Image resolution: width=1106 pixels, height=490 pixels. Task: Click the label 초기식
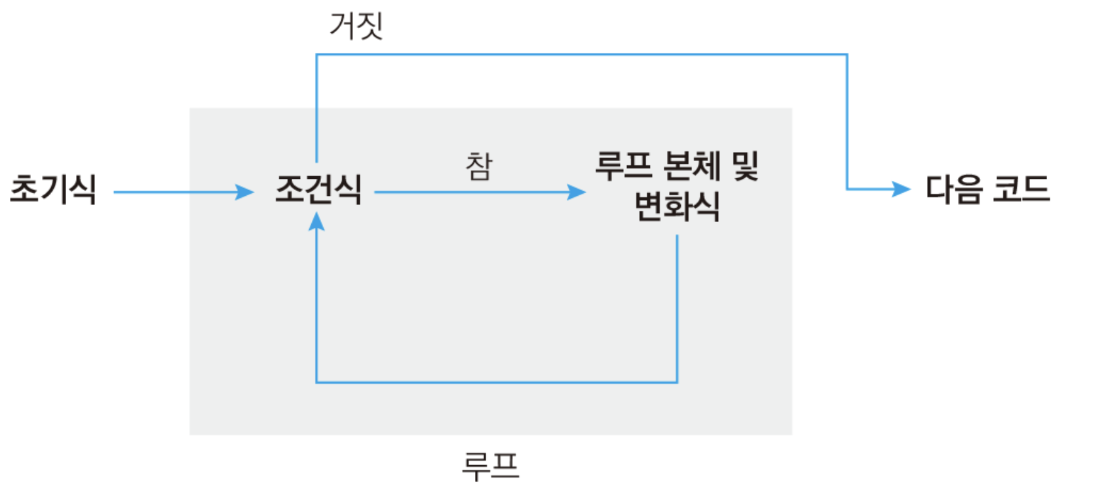(53, 189)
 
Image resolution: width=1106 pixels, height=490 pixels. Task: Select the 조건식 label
(318, 189)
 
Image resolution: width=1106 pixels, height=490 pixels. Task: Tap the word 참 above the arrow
(479, 166)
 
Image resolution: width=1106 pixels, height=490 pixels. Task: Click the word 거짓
(356, 26)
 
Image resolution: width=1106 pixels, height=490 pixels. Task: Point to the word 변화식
(677, 206)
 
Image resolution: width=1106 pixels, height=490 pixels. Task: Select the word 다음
(954, 189)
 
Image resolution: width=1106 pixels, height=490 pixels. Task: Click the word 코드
(1022, 189)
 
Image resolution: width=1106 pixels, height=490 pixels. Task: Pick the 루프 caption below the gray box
(491, 466)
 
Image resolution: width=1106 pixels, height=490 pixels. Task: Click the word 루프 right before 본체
(624, 166)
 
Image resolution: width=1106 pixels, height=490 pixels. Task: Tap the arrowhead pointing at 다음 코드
(903, 189)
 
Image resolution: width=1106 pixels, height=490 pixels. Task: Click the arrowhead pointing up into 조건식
(316, 221)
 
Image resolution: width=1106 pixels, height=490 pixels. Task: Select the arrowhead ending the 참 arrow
(577, 192)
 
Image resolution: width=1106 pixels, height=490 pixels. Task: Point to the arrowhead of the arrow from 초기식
(246, 192)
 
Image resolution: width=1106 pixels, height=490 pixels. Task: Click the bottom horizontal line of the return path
(497, 382)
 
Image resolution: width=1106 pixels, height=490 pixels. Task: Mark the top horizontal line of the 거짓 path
(582, 54)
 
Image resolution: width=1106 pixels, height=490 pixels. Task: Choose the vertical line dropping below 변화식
(677, 308)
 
